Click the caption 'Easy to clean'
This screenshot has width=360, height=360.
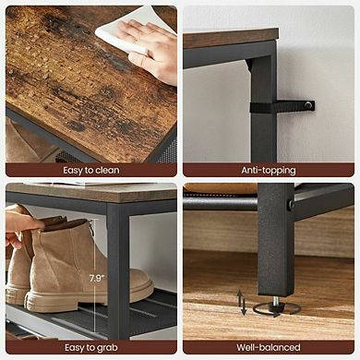(90, 170)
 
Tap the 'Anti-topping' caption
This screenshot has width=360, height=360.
(269, 170)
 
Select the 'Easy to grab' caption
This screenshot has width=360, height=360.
(90, 347)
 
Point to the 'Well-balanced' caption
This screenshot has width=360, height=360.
(269, 347)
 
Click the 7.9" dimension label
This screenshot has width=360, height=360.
(96, 277)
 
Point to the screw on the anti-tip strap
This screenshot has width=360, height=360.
(309, 105)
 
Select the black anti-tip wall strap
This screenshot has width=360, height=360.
(286, 106)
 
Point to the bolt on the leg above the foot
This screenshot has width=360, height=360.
(290, 205)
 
